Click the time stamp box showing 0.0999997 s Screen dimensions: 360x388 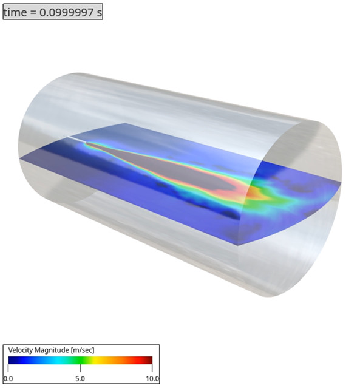pos(53,12)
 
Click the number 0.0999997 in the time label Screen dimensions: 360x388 pos(66,12)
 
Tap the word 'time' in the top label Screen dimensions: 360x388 pos(16,12)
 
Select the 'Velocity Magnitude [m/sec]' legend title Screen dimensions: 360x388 pos(51,350)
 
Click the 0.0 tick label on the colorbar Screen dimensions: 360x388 pos(8,379)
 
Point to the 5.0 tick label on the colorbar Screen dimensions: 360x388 pos(80,379)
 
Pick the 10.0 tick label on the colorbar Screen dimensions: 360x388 pos(152,379)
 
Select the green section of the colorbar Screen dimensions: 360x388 pos(79,360)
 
